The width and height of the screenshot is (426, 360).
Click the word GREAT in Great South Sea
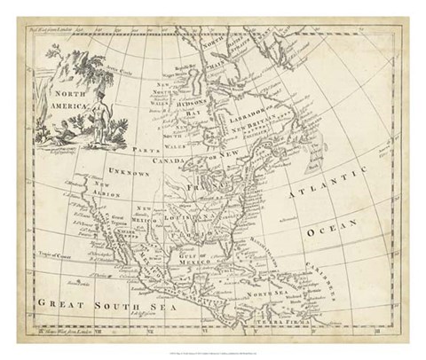(61, 304)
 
